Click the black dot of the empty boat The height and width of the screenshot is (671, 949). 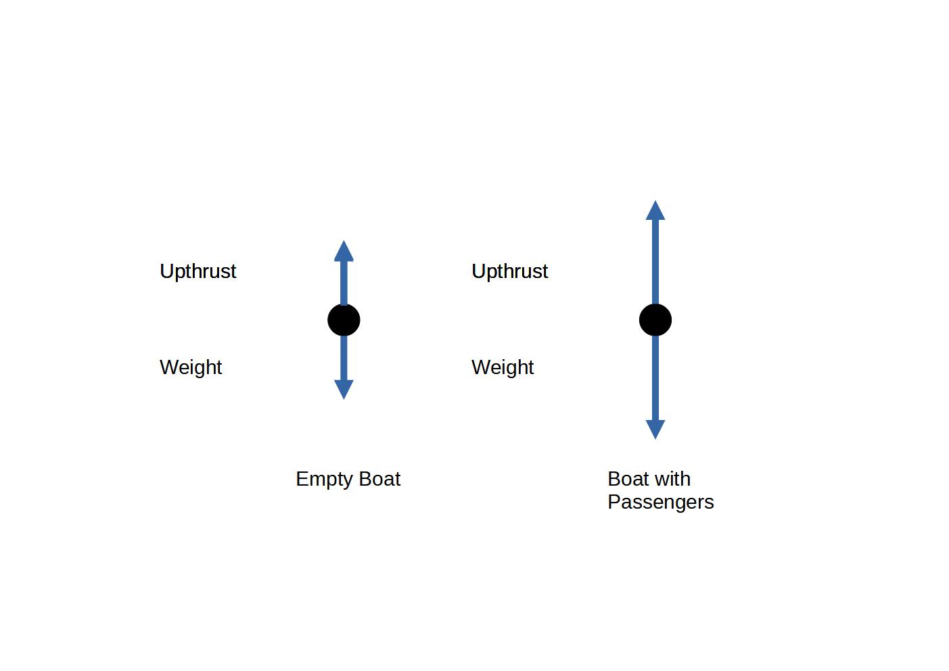[344, 320]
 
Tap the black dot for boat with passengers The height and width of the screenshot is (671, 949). [655, 320]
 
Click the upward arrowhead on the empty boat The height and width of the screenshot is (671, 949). [344, 252]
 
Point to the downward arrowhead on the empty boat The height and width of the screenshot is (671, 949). [344, 389]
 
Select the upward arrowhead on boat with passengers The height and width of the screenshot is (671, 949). [655, 211]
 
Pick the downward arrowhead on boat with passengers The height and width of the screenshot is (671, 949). [655, 429]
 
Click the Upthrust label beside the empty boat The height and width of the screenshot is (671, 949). [198, 271]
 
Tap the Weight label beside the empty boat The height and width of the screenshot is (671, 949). [191, 367]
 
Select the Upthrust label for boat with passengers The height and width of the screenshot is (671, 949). [509, 271]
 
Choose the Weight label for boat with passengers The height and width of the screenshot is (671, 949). [503, 367]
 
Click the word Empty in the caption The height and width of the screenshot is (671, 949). [325, 480]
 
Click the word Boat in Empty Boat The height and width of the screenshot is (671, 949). [380, 479]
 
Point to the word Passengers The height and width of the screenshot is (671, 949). [660, 503]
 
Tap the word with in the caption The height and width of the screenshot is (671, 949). [672, 479]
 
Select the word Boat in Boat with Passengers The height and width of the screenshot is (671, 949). [628, 479]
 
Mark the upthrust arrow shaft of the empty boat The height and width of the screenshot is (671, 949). [344, 283]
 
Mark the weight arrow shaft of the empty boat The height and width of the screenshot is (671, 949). [344, 358]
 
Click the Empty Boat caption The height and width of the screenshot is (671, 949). [348, 480]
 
